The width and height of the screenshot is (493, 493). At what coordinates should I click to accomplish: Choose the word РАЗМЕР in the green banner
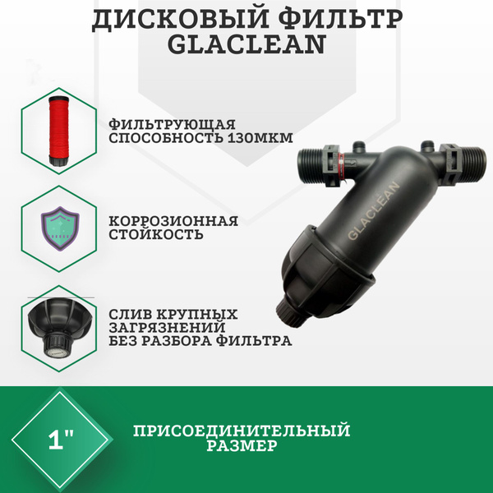click(x=241, y=446)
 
